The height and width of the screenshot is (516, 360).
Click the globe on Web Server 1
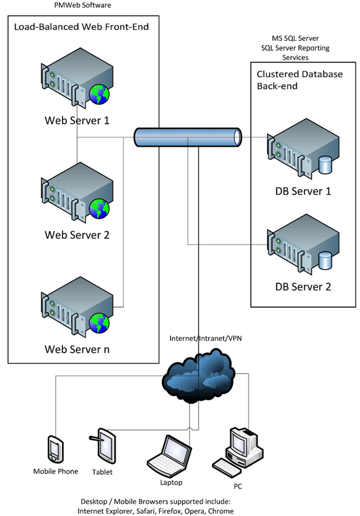pyautogui.click(x=99, y=95)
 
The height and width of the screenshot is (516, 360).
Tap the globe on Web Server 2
pyautogui.click(x=99, y=208)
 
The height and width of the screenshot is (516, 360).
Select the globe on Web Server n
pyautogui.click(x=99, y=323)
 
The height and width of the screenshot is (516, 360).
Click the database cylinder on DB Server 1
pyautogui.click(x=325, y=165)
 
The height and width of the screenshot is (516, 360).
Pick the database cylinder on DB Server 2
pyautogui.click(x=325, y=261)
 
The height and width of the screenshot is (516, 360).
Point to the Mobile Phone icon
pyautogui.click(x=55, y=449)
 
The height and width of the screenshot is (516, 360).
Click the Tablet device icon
pyautogui.click(x=104, y=446)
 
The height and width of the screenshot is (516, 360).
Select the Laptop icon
pyautogui.click(x=169, y=456)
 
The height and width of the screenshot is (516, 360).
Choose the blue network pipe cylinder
pyautogui.click(x=188, y=137)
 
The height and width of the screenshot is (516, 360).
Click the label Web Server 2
pyautogui.click(x=77, y=235)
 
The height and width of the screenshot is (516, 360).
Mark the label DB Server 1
pyautogui.click(x=303, y=191)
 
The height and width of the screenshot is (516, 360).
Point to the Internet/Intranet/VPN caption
pyautogui.click(x=206, y=338)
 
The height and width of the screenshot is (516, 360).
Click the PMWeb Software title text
pyautogui.click(x=83, y=5)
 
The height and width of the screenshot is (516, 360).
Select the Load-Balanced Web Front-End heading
pyautogui.click(x=82, y=26)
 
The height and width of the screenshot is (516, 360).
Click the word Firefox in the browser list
pyautogui.click(x=170, y=511)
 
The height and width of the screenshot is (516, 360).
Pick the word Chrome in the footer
pyautogui.click(x=221, y=511)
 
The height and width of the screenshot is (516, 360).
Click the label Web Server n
pyautogui.click(x=77, y=349)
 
